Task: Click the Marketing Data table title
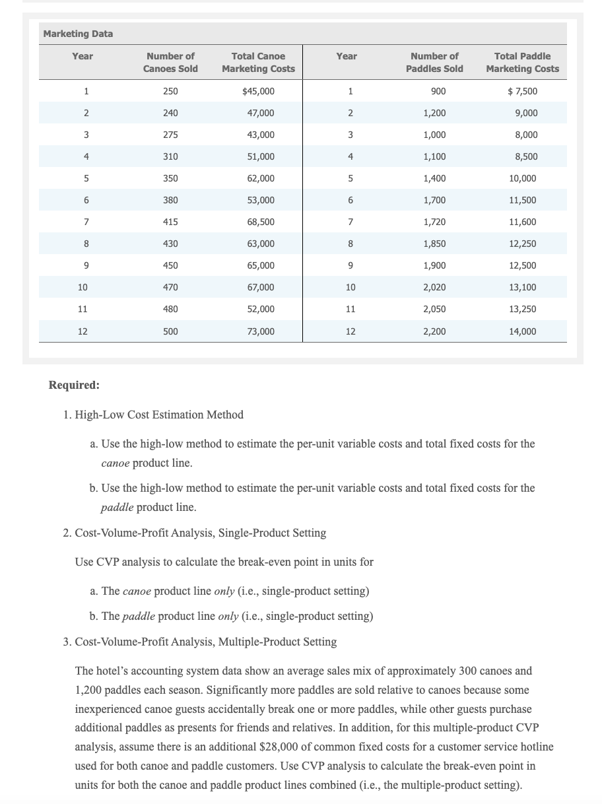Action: click(x=78, y=34)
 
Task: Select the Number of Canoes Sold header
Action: click(x=170, y=63)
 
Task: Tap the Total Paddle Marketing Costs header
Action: click(x=522, y=63)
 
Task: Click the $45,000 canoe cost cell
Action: click(x=259, y=91)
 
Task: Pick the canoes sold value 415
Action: click(x=170, y=222)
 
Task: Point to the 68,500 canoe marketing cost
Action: click(x=261, y=222)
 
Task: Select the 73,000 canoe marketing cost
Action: click(x=261, y=331)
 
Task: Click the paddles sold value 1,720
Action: click(x=434, y=222)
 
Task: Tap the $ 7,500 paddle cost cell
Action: click(x=522, y=91)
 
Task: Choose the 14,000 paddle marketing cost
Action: click(x=523, y=331)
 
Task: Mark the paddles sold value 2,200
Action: click(x=434, y=331)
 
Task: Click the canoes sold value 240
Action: click(x=170, y=113)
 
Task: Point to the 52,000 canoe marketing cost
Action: click(x=261, y=309)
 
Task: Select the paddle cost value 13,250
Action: click(x=523, y=309)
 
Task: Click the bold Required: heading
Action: click(x=74, y=385)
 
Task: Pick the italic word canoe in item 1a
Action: click(x=115, y=463)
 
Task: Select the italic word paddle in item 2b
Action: click(x=138, y=616)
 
